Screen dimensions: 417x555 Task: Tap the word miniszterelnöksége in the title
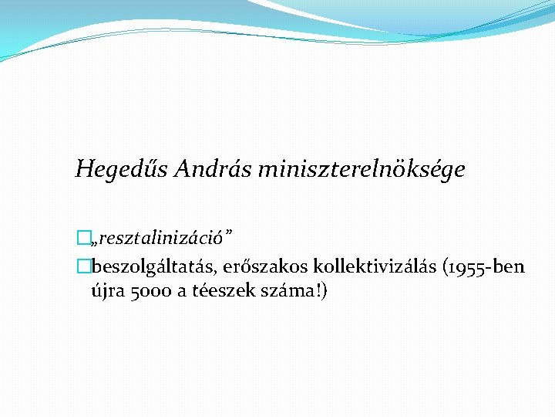click(x=362, y=169)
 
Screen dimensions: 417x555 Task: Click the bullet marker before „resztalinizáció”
click(x=82, y=240)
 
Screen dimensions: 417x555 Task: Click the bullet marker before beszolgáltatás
click(x=82, y=267)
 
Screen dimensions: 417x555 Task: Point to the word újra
click(x=107, y=292)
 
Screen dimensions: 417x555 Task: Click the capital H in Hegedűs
click(x=83, y=168)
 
